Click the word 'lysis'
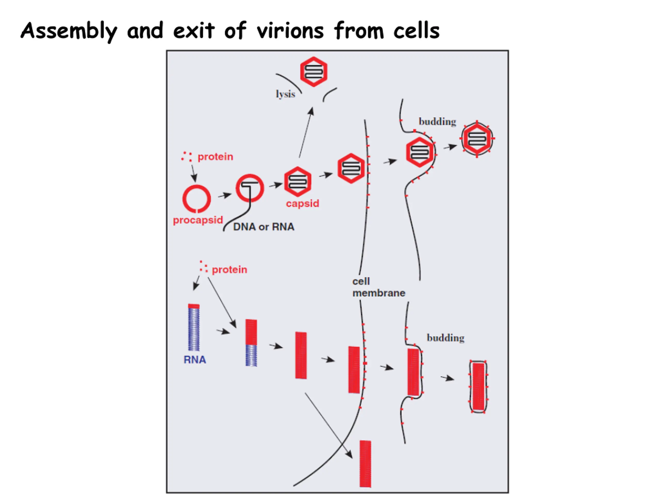click(x=285, y=94)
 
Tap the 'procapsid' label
click(x=198, y=220)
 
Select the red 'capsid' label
click(x=303, y=203)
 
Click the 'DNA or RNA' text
click(x=264, y=227)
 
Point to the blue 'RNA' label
click(x=195, y=360)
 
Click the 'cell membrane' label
click(x=379, y=287)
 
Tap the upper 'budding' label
click(x=438, y=122)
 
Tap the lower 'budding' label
click(x=445, y=338)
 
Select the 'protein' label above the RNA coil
click(x=229, y=270)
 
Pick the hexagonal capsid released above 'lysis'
click(x=313, y=72)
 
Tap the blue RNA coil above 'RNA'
click(x=194, y=327)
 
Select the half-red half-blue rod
click(x=251, y=343)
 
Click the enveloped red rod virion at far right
click(x=478, y=387)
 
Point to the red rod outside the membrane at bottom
click(x=365, y=464)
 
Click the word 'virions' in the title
click(x=290, y=31)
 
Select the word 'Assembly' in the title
click(x=69, y=31)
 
